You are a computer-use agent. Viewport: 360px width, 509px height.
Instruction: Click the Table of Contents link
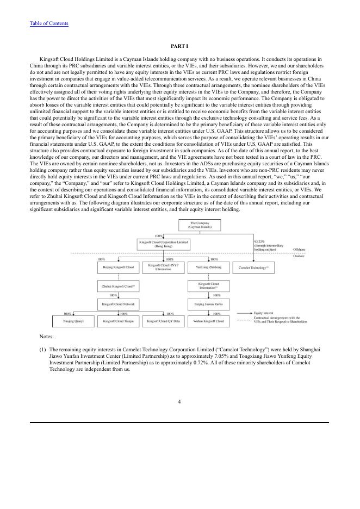[x=49, y=23]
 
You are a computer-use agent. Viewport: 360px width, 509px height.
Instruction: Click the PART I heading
[x=179, y=46]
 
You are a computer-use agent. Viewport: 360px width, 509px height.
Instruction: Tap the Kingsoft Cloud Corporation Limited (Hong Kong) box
[x=163, y=244]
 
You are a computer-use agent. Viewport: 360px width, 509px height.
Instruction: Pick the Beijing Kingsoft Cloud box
[x=118, y=267]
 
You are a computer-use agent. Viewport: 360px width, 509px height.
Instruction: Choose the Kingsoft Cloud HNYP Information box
[x=163, y=267]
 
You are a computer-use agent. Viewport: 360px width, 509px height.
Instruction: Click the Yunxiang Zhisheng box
[x=208, y=267]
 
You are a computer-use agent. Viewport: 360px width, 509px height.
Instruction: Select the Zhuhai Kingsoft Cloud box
[x=118, y=285]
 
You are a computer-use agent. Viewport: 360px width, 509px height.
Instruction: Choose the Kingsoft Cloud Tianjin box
[x=118, y=321]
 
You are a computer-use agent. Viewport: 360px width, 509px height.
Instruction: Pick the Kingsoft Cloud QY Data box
[x=163, y=321]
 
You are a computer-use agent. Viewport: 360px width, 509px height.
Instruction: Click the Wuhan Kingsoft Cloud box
[x=208, y=321]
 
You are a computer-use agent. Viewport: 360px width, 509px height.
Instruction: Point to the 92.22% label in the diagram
[x=259, y=241]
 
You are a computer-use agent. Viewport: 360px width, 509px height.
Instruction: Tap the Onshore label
[x=299, y=256]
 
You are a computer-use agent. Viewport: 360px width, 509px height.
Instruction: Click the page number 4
[x=179, y=402]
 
